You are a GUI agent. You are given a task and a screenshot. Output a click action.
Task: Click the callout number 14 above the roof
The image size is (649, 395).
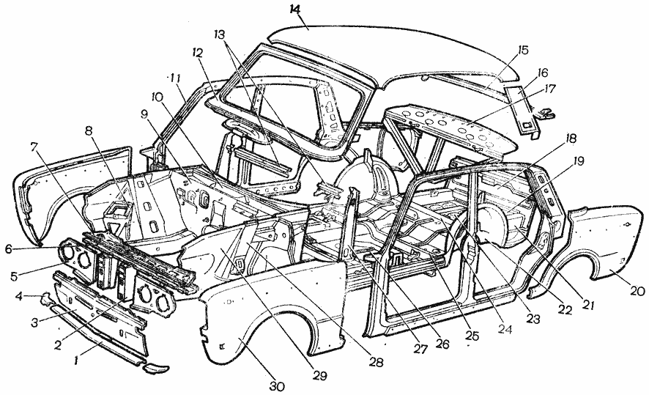click(295, 9)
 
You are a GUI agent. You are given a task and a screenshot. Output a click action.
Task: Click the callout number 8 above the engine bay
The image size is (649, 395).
click(88, 131)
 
